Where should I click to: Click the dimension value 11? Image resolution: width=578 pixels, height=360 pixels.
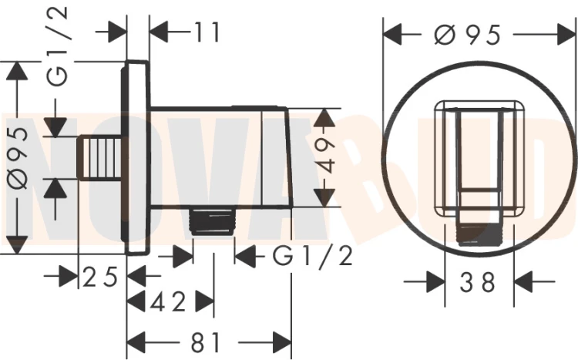click(207, 32)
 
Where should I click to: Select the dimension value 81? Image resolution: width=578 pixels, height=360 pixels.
click(205, 342)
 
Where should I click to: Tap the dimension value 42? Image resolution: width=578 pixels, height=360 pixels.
click(168, 302)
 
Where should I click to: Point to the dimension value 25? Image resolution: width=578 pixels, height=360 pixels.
click(100, 277)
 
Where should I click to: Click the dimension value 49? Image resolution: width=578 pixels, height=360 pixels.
click(325, 156)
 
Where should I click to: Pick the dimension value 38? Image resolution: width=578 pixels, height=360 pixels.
click(479, 282)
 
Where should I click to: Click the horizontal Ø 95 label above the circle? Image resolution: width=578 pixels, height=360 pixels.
click(468, 35)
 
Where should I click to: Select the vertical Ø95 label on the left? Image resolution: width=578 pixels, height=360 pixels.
click(18, 158)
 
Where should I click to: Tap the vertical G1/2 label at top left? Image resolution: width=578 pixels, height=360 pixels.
click(58, 47)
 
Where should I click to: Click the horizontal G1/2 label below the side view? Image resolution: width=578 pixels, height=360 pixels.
click(313, 256)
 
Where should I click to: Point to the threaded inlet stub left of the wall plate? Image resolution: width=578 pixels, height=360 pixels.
click(100, 159)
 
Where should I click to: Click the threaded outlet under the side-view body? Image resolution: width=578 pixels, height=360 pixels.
click(213, 220)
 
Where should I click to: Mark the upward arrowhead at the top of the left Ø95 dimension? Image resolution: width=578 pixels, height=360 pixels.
click(17, 70)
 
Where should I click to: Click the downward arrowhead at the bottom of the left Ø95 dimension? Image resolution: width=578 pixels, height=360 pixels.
click(17, 244)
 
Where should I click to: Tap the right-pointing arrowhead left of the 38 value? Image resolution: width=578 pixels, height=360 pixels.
click(435, 282)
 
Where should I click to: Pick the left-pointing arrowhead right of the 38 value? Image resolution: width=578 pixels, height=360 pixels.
click(523, 282)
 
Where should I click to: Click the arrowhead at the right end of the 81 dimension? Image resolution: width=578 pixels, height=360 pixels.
click(281, 343)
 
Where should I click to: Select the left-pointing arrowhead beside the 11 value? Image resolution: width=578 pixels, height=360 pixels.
click(160, 32)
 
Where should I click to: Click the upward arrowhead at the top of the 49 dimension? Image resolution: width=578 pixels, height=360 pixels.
click(325, 118)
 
